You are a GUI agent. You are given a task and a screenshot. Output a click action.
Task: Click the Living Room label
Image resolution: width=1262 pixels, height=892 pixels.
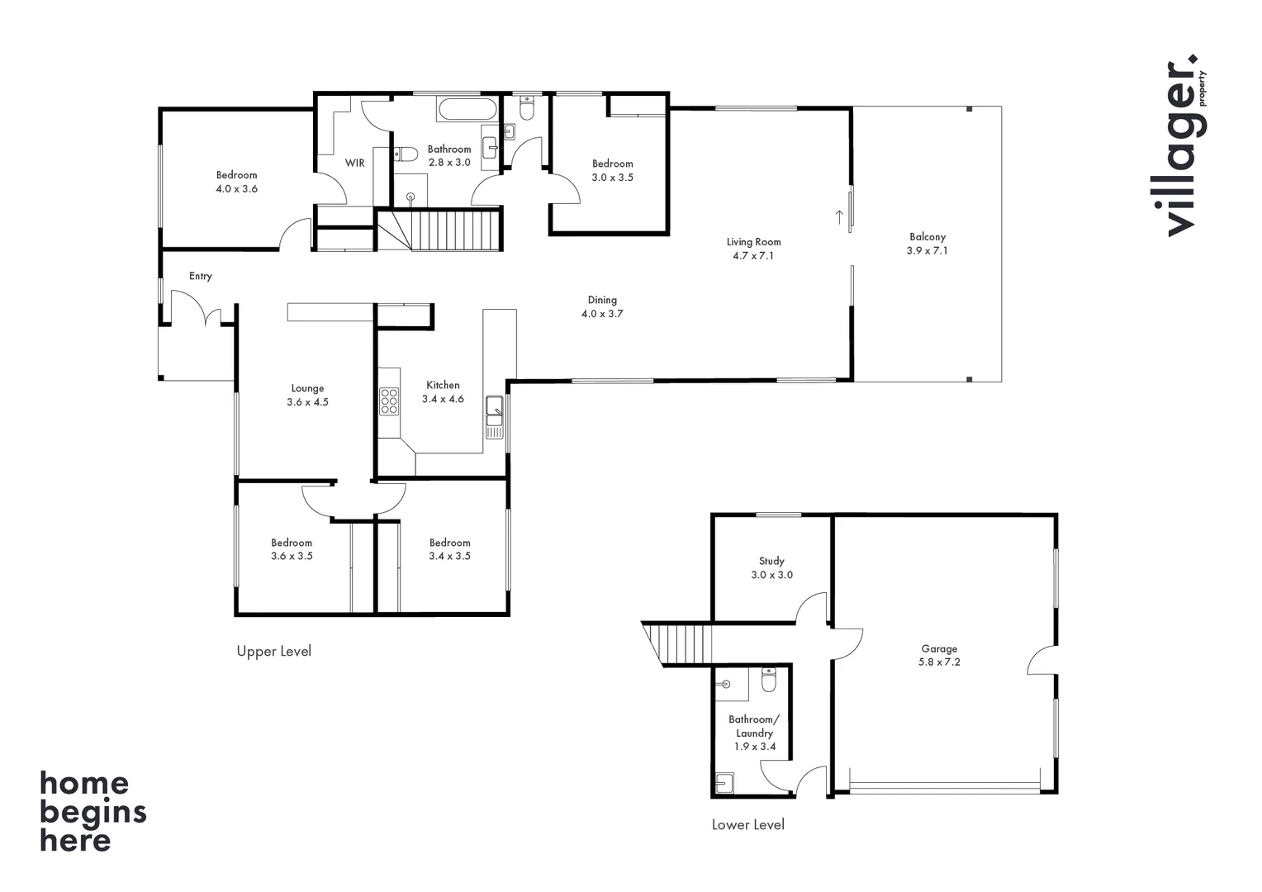tap(753, 249)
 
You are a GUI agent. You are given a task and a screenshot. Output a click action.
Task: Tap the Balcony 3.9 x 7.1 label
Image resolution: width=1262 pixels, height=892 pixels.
tap(927, 244)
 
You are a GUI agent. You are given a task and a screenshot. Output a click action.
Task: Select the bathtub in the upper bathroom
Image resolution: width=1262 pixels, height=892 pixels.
tap(467, 109)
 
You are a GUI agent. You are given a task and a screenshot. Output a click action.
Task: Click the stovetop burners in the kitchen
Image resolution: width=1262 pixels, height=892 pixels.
tap(389, 401)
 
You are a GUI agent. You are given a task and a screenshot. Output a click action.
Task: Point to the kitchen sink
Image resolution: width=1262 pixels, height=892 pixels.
tap(494, 410)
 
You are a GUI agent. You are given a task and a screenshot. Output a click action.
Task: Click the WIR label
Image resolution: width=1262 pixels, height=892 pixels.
tap(355, 163)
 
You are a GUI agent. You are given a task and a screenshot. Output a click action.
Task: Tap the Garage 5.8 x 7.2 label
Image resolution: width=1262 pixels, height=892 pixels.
tap(939, 655)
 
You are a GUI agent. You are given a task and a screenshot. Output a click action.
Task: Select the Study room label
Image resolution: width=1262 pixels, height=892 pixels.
tap(771, 567)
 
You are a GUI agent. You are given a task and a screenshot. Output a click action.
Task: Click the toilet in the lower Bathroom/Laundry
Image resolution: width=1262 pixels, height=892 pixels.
tap(769, 681)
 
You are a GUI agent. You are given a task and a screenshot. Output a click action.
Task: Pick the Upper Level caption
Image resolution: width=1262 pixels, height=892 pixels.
tap(273, 651)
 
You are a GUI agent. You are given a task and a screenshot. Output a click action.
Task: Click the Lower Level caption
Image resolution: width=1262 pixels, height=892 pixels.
tap(747, 824)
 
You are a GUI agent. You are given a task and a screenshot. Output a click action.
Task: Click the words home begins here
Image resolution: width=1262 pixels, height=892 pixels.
tap(92, 811)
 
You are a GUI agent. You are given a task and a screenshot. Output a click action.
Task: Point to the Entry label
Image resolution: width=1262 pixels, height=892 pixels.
tap(200, 276)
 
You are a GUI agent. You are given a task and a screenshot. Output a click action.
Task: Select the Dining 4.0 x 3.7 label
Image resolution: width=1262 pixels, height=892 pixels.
tap(602, 306)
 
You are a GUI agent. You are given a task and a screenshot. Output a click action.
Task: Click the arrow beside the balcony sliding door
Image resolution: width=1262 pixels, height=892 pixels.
tap(839, 217)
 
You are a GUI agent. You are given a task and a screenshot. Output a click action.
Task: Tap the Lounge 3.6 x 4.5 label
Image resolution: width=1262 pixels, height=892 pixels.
tap(307, 395)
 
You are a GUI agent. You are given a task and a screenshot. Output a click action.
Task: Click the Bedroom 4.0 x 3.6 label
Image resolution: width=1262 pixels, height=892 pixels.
tap(237, 182)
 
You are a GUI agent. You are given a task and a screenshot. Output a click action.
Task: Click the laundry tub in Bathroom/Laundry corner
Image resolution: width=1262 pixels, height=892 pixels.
tap(724, 782)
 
